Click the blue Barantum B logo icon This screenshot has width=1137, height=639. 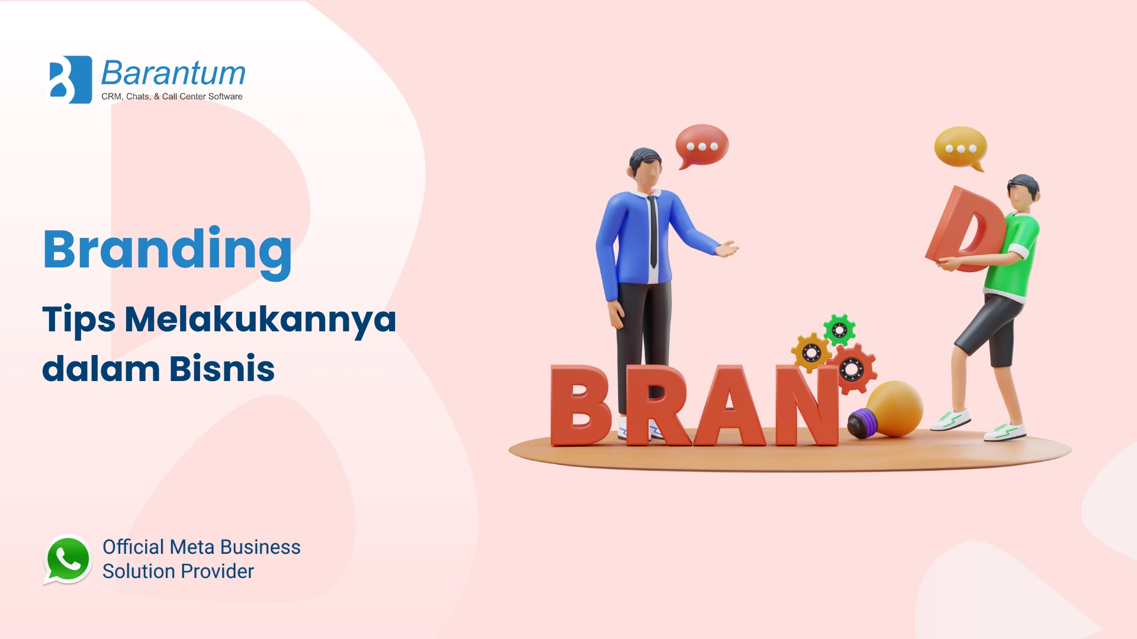70,80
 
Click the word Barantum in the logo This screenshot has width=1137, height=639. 174,73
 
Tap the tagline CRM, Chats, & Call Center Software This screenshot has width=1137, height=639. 172,96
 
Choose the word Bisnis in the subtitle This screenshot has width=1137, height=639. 222,369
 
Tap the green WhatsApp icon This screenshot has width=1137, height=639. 68,560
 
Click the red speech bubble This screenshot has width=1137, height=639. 702,146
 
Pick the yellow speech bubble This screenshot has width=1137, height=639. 961,149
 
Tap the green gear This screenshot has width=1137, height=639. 839,330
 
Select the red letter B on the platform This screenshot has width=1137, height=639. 580,405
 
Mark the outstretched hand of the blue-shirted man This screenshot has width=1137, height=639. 728,248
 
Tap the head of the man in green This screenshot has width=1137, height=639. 1023,193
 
